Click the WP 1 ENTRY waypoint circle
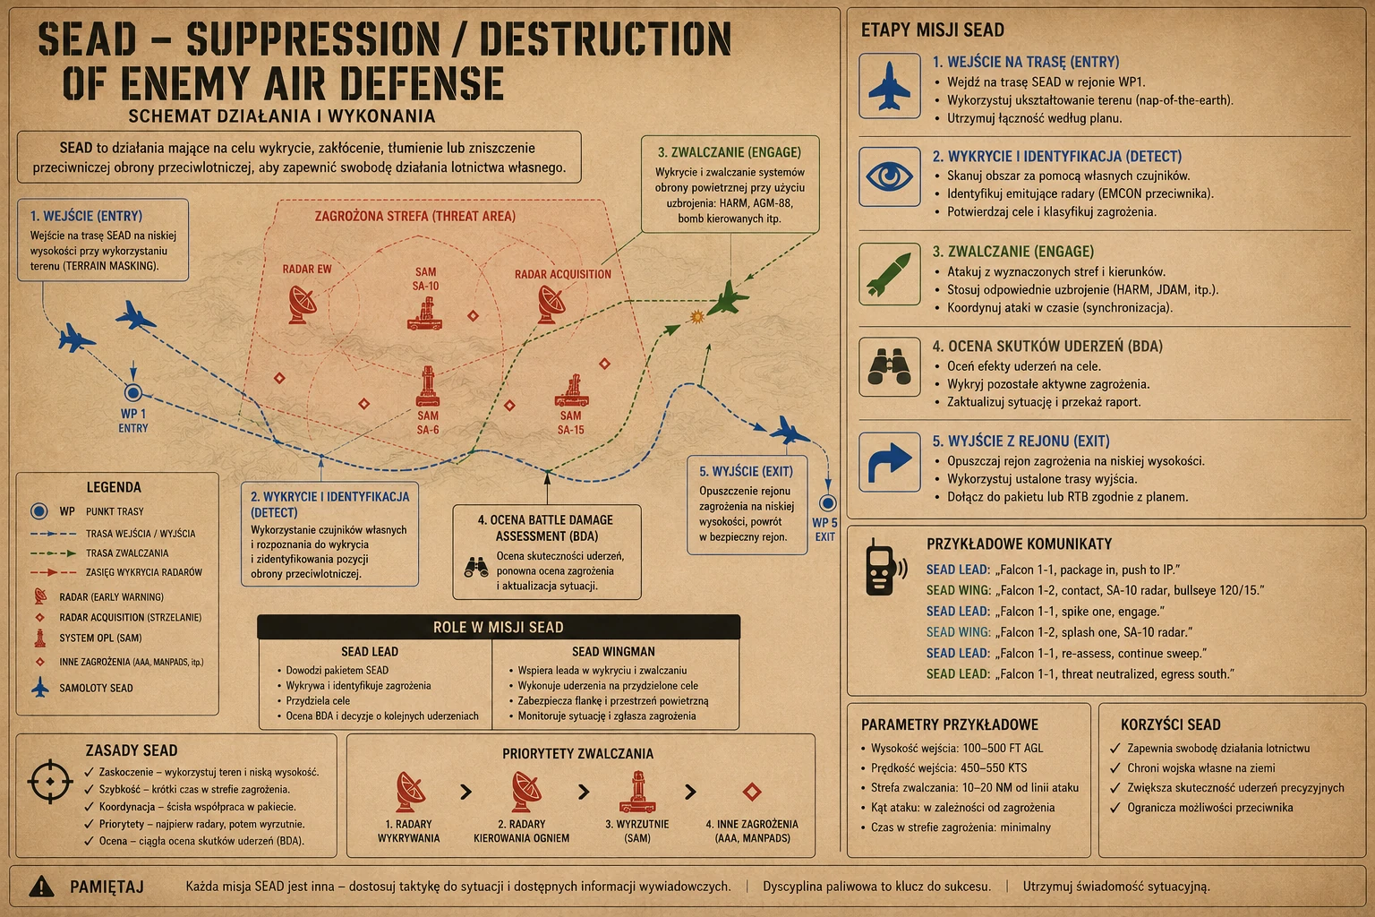133,392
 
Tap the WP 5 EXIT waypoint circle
827,503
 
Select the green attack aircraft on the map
728,298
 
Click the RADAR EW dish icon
303,304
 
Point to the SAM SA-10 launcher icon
425,313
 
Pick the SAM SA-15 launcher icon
571,391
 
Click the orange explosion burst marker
696,316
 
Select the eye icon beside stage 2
890,177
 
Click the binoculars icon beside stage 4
890,366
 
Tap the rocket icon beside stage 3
889,274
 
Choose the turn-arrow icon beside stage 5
890,462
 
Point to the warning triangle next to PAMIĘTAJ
42,886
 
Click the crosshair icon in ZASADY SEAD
50,781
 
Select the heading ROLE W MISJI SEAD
499,627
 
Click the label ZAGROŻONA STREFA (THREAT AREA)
415,216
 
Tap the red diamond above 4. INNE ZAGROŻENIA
752,791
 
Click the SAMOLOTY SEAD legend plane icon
40,687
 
